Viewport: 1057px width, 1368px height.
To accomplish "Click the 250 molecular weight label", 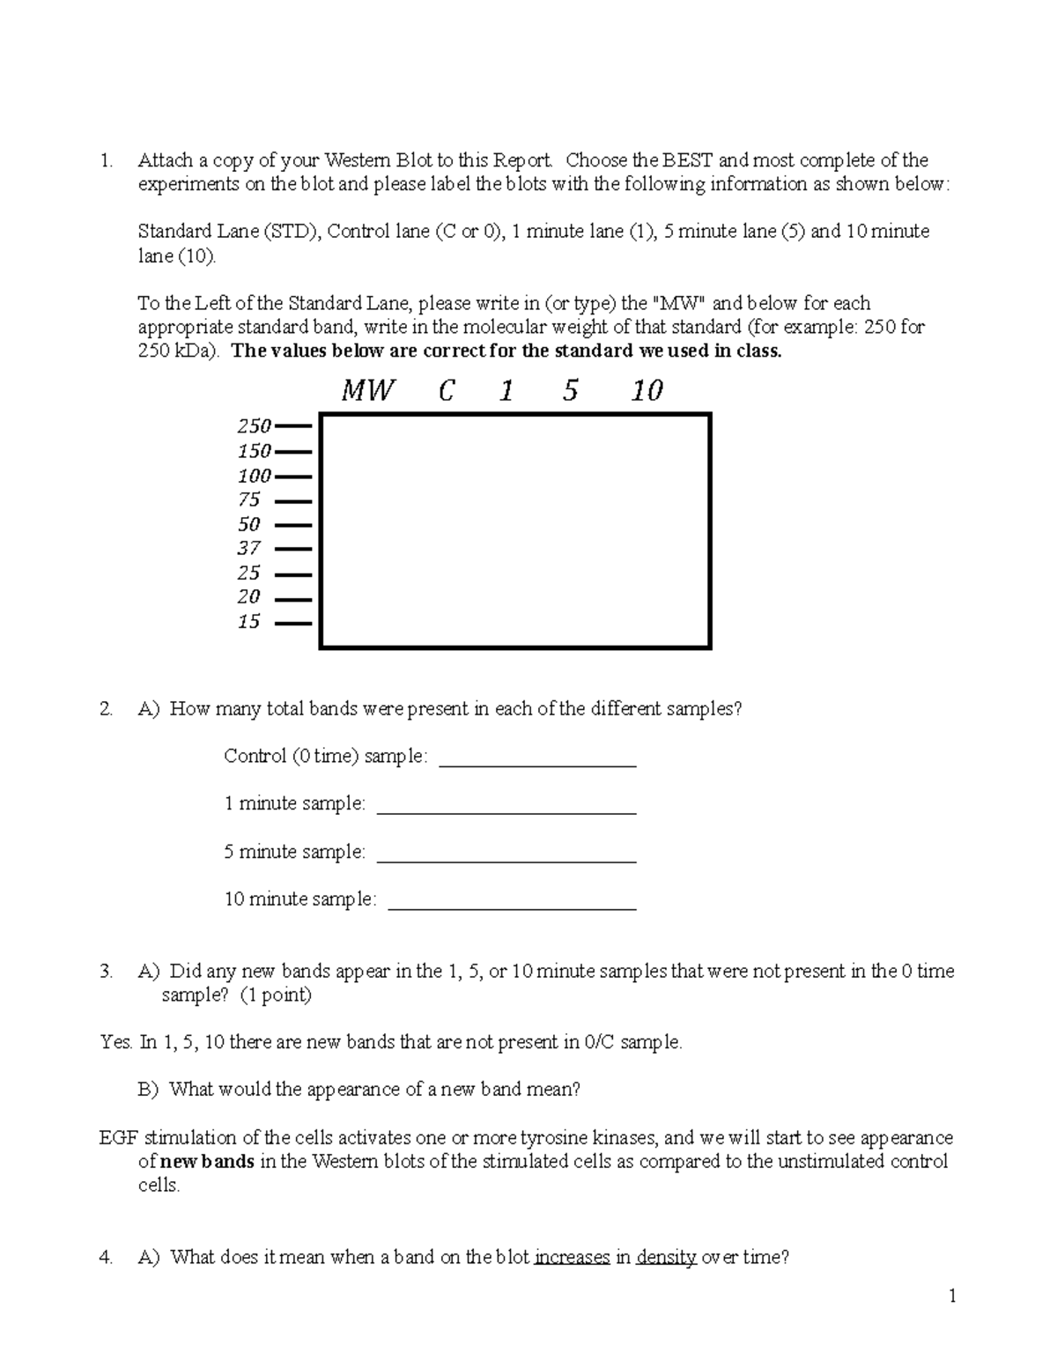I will point(254,426).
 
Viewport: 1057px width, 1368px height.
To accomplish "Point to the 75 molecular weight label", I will point(249,500).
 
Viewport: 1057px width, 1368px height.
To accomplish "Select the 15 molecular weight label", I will point(249,622).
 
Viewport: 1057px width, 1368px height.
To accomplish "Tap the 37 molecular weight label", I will point(249,548).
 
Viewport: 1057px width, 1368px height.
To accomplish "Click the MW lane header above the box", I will point(367,390).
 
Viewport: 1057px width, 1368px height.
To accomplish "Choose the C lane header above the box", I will point(446,390).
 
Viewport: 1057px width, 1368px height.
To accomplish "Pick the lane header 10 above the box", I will point(647,390).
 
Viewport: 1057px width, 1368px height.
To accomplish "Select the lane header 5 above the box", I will point(570,390).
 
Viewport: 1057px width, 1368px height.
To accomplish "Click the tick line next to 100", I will point(293,477).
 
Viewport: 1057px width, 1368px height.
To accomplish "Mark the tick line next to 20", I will point(293,599).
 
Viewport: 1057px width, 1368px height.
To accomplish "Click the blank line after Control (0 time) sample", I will point(537,765).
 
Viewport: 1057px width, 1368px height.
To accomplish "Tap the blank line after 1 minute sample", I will point(506,813).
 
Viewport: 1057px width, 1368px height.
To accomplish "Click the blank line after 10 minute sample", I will point(512,908).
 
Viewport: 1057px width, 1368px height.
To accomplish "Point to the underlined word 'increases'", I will point(572,1257).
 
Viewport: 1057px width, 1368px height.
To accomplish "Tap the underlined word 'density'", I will point(666,1257).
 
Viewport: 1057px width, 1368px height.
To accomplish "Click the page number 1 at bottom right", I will point(951,1295).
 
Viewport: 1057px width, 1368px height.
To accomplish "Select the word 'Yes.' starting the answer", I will point(116,1042).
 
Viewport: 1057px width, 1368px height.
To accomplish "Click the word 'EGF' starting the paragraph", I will point(119,1137).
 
